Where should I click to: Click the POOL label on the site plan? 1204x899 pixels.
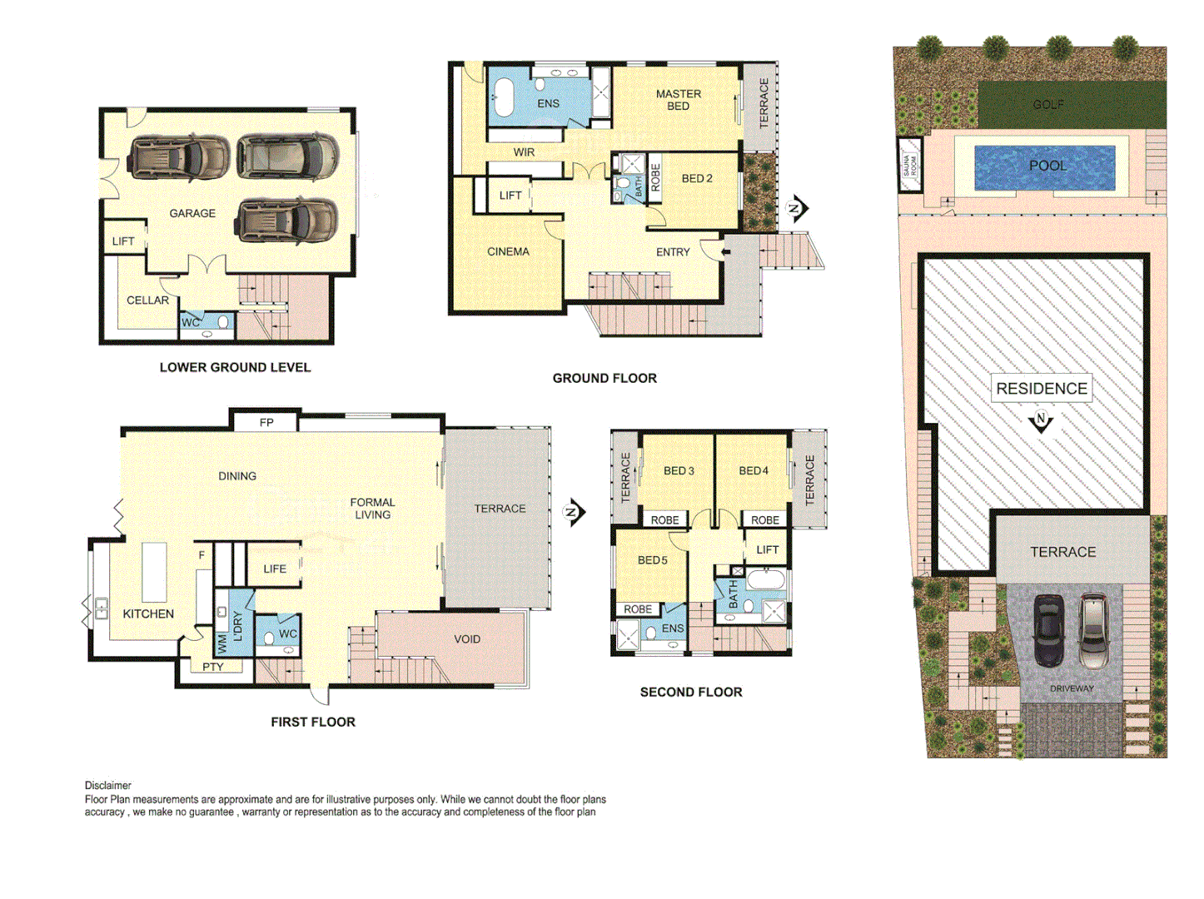[1047, 166]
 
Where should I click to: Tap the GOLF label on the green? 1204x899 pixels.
[1047, 105]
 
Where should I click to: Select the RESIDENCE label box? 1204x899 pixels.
[1042, 389]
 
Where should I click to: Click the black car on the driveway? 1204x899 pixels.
[1048, 630]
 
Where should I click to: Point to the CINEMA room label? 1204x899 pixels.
[508, 251]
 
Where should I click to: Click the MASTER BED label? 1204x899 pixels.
[678, 100]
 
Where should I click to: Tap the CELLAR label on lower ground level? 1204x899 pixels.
[147, 300]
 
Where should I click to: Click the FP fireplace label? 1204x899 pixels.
[266, 423]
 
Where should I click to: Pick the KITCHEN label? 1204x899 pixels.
[148, 614]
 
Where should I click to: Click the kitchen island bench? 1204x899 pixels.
[154, 572]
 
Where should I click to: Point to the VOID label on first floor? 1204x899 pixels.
[467, 639]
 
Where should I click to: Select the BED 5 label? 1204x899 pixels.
[652, 560]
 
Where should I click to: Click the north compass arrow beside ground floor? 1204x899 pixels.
[797, 208]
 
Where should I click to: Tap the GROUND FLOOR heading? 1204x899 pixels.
[604, 379]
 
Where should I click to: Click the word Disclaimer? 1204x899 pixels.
[108, 785]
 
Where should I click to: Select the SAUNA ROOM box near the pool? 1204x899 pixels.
[910, 165]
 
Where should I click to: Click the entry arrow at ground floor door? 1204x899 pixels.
[726, 252]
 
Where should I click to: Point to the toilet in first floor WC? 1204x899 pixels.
[269, 638]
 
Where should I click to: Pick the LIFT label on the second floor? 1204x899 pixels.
[767, 550]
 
